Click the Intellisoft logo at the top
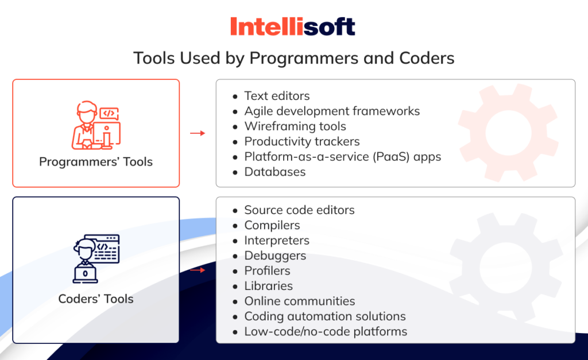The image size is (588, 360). click(x=292, y=26)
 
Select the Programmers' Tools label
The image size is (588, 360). click(x=96, y=161)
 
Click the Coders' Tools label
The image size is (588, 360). click(x=96, y=299)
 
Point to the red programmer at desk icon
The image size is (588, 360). click(x=96, y=125)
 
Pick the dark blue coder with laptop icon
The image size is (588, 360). click(x=96, y=259)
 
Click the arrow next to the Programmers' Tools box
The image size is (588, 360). click(x=198, y=133)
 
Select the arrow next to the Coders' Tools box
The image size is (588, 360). click(x=198, y=270)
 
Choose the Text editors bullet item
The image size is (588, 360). click(x=277, y=96)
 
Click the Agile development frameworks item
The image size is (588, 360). click(x=332, y=111)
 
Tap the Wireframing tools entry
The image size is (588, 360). click(x=295, y=126)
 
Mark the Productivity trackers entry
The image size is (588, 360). click(x=302, y=141)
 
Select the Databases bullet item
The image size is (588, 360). click(x=275, y=172)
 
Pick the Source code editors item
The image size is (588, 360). click(x=299, y=210)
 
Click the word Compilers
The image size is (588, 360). click(x=272, y=226)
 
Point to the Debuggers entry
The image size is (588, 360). click(x=275, y=256)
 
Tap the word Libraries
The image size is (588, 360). click(x=269, y=286)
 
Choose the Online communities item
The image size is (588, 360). click(x=300, y=301)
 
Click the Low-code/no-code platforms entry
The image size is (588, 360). click(x=326, y=331)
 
